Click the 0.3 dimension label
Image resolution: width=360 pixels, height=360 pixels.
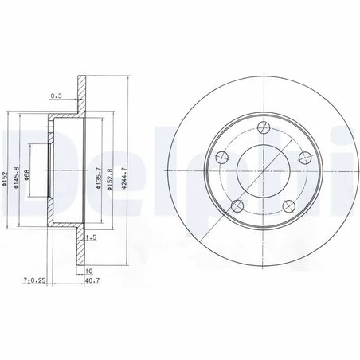pos(56,96)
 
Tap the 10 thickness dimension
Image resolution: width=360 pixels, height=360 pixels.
pos(88,270)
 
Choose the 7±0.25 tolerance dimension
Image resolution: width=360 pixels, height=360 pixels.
pos(34,280)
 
